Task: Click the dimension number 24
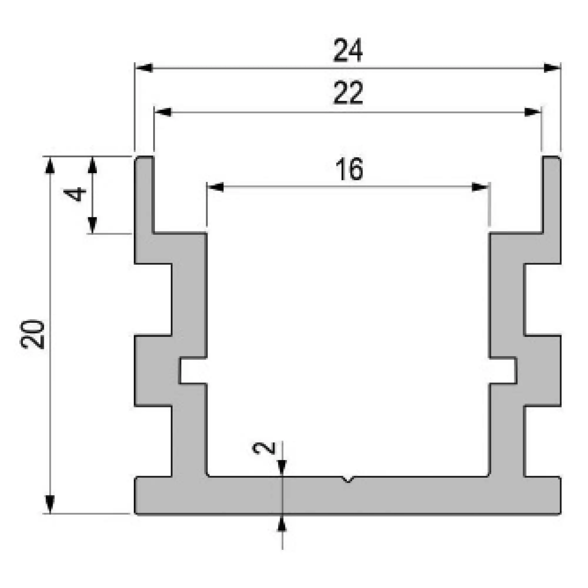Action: coord(348,51)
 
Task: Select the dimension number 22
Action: coord(348,93)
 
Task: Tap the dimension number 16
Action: coord(349,169)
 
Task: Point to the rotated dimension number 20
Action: coord(32,334)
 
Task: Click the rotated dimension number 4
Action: coord(75,195)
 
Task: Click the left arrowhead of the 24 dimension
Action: coord(144,68)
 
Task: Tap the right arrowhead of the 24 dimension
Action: coord(552,68)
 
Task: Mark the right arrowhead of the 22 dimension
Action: coord(533,112)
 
